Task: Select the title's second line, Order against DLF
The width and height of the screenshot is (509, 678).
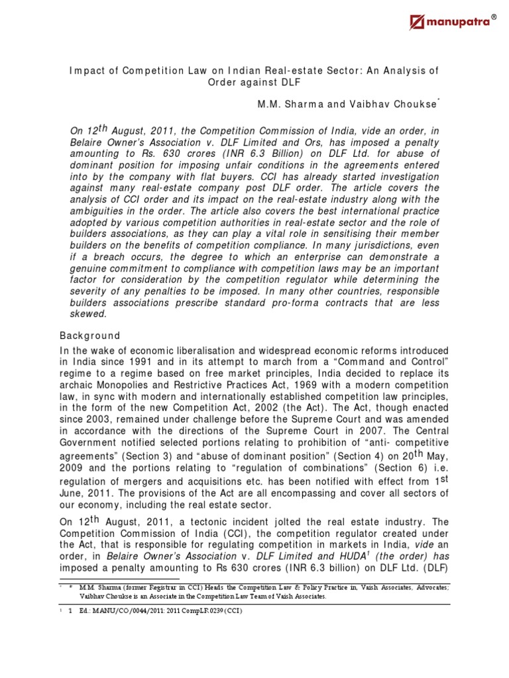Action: click(x=254, y=82)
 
